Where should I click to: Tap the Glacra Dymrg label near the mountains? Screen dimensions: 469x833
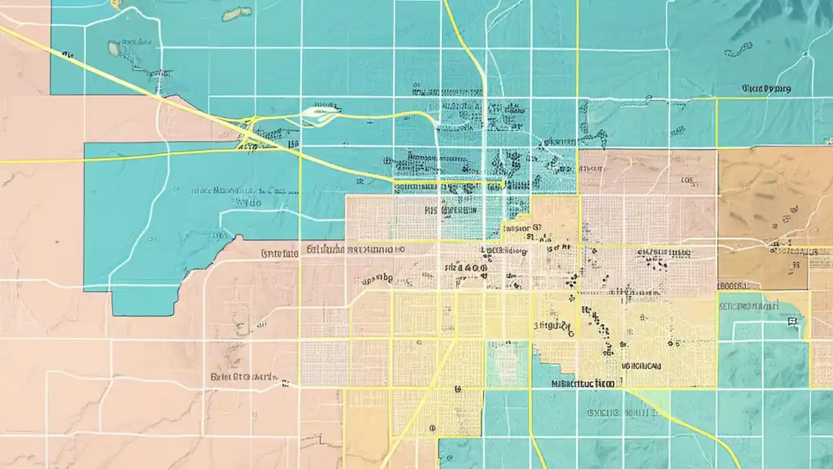click(766, 88)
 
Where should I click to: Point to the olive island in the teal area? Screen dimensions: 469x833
click(237, 12)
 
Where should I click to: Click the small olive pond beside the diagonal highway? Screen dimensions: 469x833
click(113, 48)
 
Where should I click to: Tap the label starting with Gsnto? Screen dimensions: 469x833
click(279, 253)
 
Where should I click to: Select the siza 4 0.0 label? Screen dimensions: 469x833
click(465, 266)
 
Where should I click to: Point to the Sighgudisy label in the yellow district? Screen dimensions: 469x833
click(554, 325)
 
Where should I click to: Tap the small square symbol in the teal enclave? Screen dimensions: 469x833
click(792, 321)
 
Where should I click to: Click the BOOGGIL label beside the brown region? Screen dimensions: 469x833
click(737, 285)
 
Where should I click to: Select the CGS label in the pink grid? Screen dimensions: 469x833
click(686, 181)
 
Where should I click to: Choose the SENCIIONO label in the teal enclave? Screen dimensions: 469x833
click(748, 305)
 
